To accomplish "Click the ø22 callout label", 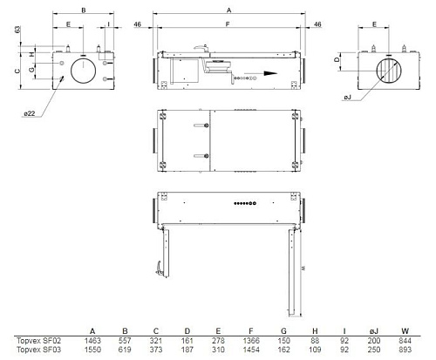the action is (x=30, y=113).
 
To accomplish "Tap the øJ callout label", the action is (x=348, y=98).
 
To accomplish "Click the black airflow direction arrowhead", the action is (x=270, y=73).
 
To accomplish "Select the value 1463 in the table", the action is (x=92, y=340).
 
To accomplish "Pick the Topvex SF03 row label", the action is (x=38, y=350).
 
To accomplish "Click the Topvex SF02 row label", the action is (x=38, y=340).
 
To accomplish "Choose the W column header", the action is (x=405, y=331).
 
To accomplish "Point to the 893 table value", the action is (x=405, y=350).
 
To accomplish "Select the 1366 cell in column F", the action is (x=251, y=340).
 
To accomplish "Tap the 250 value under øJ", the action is (x=374, y=350).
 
